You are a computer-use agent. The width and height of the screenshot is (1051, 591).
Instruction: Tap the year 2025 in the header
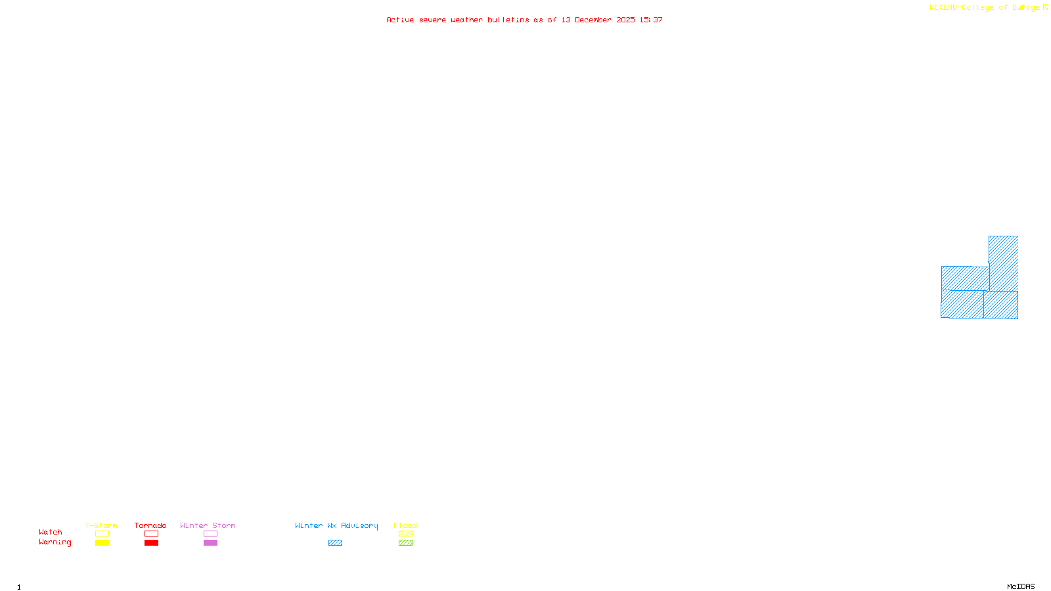(x=625, y=20)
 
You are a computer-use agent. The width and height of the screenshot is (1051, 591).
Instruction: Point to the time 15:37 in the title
(x=651, y=20)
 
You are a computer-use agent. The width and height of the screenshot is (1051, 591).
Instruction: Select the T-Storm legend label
(x=101, y=525)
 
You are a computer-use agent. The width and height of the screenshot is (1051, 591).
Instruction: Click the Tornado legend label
(x=150, y=525)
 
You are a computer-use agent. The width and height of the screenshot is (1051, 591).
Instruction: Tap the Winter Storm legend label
(x=208, y=525)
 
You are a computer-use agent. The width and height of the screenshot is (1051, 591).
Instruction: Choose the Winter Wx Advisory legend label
(x=336, y=525)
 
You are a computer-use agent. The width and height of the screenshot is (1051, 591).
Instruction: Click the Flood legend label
(x=405, y=525)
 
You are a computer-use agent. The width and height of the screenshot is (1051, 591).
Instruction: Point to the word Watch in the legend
(x=51, y=532)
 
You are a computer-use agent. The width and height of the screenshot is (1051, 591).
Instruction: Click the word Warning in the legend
(x=55, y=542)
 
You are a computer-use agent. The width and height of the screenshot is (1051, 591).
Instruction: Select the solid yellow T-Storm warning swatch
(x=102, y=543)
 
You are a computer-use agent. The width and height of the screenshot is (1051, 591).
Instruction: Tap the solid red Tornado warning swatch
(x=151, y=543)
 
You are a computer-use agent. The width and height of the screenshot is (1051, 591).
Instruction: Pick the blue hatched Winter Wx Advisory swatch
(x=335, y=543)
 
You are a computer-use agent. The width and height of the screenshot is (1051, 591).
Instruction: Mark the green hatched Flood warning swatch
(x=405, y=543)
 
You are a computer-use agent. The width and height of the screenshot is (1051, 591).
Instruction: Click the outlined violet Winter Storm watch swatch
(x=210, y=534)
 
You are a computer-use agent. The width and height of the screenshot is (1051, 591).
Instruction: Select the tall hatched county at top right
(x=1004, y=263)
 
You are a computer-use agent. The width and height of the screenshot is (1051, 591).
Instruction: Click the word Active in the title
(x=400, y=20)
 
